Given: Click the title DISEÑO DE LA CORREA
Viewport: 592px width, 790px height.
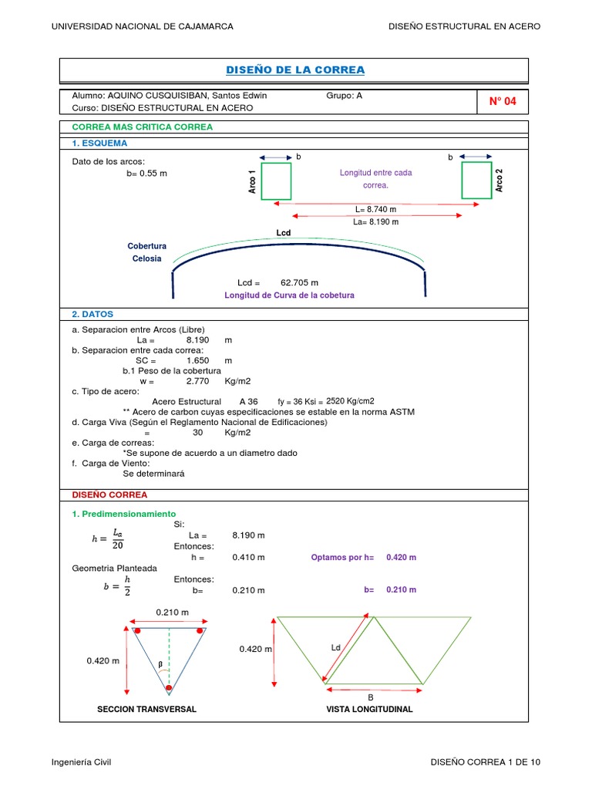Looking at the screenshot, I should [x=295, y=70].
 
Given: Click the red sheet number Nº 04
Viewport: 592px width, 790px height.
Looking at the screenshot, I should [x=503, y=101].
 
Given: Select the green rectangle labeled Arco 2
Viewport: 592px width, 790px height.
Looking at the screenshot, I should [x=476, y=180].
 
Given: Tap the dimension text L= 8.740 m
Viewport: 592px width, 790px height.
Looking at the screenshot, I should [x=375, y=209].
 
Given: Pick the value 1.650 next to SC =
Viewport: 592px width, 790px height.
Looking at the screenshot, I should [x=198, y=360].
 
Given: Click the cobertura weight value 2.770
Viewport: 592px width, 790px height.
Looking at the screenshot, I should [x=198, y=381].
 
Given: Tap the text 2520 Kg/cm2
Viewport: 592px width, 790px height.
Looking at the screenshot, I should [x=350, y=401].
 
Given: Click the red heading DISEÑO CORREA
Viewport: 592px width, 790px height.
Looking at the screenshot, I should [x=109, y=495].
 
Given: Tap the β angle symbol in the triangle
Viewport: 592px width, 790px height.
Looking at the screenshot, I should [x=160, y=663].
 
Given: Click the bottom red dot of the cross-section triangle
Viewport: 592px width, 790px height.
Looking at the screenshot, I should [x=168, y=687].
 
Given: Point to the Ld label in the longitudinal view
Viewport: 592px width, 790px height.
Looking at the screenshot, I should [x=335, y=647].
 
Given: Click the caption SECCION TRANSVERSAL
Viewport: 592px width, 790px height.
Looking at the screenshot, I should [x=146, y=709].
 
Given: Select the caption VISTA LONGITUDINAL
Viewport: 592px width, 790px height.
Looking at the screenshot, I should [x=369, y=709].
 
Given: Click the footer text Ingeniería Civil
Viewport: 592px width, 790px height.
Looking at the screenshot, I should [x=82, y=762].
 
